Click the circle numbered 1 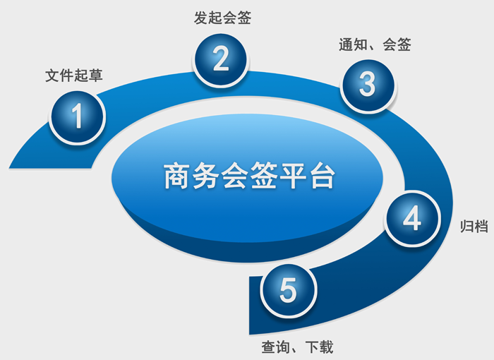[77, 117]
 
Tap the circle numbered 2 [220, 59]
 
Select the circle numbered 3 [368, 85]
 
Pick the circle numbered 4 [411, 218]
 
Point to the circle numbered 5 [288, 290]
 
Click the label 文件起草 [74, 76]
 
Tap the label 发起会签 [222, 18]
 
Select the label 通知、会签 [375, 44]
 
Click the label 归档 [474, 227]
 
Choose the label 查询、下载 [297, 347]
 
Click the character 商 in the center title [176, 176]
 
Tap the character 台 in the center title [323, 176]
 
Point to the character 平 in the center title [294, 176]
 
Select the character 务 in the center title [206, 176]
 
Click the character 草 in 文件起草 [96, 76]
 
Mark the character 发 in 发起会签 [200, 18]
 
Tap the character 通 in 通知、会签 [346, 44]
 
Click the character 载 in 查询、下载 [326, 347]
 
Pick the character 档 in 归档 [481, 227]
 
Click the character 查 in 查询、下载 [268, 347]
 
